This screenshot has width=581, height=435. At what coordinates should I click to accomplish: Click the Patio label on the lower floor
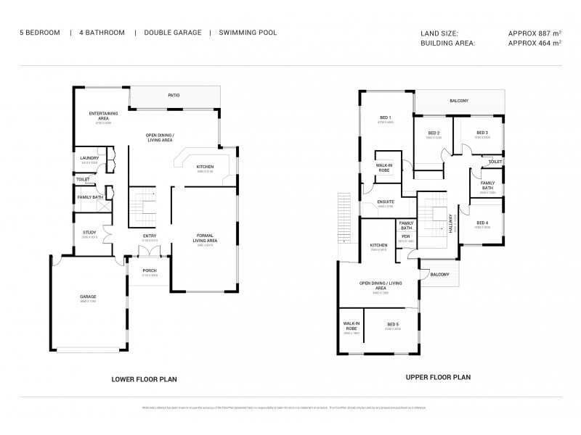point(174,95)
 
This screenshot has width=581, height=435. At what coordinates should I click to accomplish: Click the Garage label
point(89,297)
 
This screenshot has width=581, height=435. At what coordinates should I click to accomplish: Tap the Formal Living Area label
point(207,237)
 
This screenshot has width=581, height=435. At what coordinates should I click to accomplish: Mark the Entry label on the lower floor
point(150,236)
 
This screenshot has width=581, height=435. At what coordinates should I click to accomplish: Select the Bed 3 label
point(482,133)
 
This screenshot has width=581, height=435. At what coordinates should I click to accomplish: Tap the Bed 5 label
point(392,324)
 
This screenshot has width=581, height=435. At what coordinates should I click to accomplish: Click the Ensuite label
point(385,202)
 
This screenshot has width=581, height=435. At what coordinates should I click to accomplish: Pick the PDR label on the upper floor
point(406,236)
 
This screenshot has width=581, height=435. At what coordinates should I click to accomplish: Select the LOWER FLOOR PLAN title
point(144,379)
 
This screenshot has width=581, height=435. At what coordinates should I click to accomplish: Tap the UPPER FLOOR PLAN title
point(438,377)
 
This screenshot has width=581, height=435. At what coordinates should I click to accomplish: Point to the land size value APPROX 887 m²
point(535,33)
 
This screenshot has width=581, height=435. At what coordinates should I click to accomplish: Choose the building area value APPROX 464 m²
point(535,43)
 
